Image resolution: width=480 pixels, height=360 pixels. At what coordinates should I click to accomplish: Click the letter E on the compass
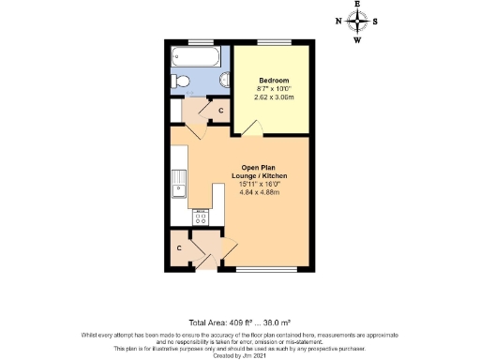pyautogui.click(x=357, y=7)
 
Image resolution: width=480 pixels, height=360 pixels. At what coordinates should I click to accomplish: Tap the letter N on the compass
pyautogui.click(x=338, y=22)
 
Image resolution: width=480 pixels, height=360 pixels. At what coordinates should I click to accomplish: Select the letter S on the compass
pyautogui.click(x=375, y=22)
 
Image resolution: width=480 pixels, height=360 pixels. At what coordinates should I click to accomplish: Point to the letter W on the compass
pyautogui.click(x=357, y=39)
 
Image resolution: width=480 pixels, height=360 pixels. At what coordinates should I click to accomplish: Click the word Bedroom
pyautogui.click(x=273, y=81)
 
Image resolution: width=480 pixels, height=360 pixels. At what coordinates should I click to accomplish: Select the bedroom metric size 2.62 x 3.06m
pyautogui.click(x=273, y=97)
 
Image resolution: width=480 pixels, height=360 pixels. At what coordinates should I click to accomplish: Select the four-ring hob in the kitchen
pyautogui.click(x=200, y=217)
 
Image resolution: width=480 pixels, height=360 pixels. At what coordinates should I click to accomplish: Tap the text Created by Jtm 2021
pyautogui.click(x=240, y=352)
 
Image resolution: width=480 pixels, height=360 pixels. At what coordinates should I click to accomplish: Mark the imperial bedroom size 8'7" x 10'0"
pyautogui.click(x=273, y=89)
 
